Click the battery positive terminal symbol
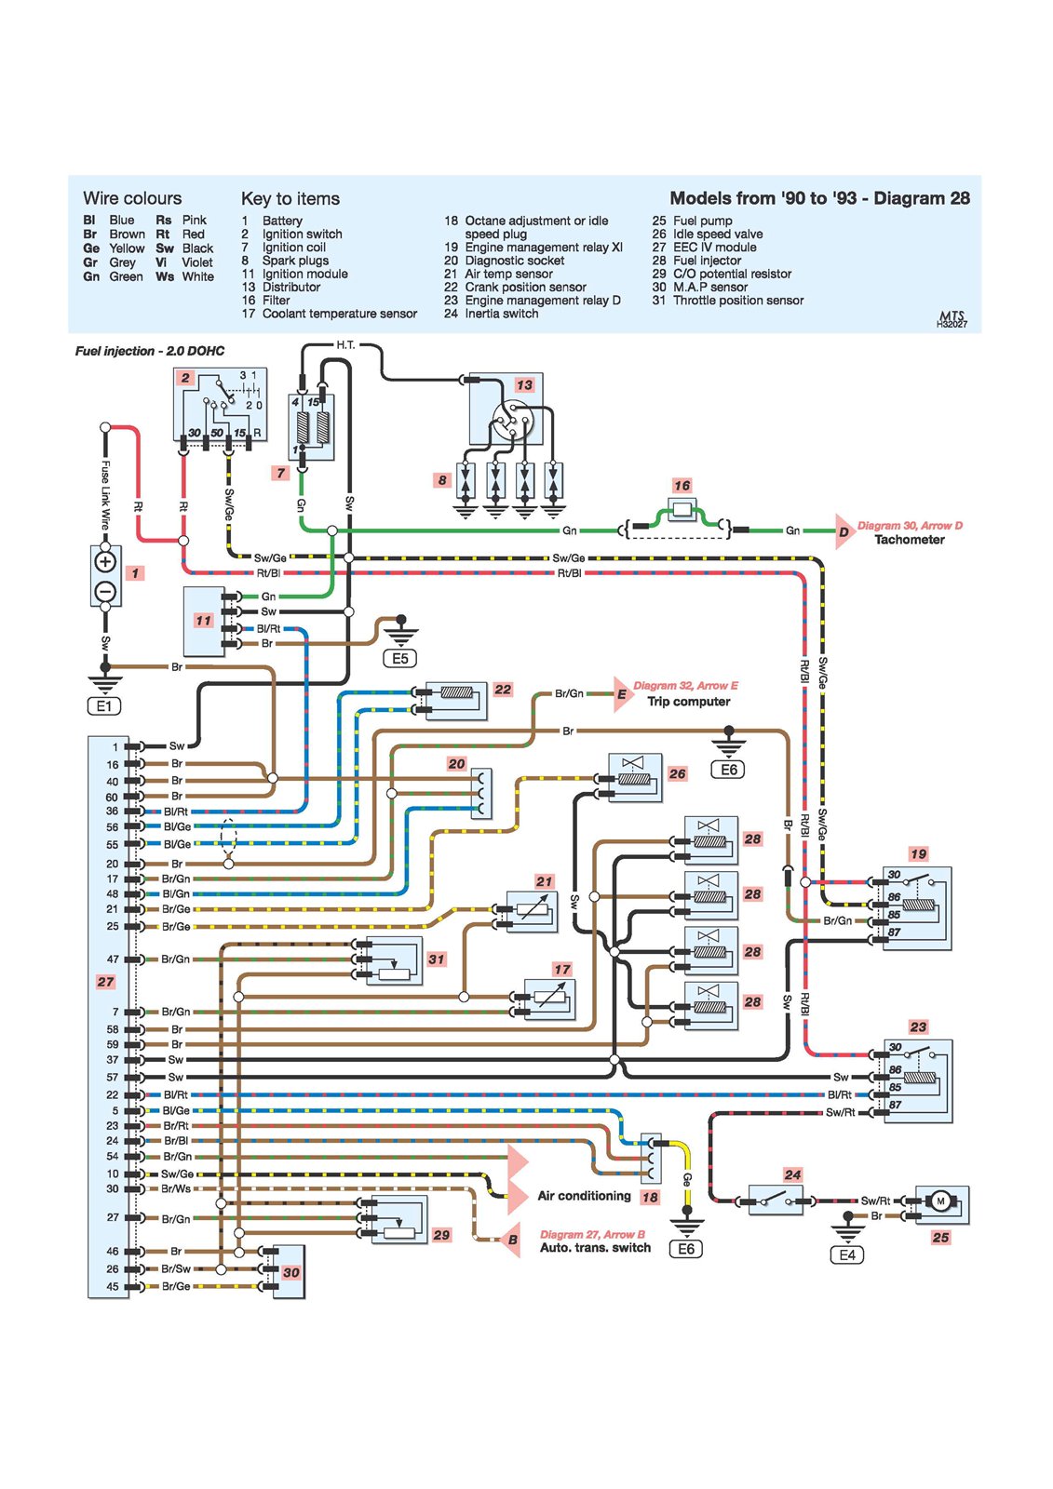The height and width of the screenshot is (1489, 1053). pos(105,561)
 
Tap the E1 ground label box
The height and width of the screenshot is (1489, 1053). pos(104,706)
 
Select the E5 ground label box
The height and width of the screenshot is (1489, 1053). pos(399,659)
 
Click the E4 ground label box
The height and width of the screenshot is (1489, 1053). pos(847,1254)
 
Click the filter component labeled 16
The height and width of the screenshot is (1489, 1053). pos(682,509)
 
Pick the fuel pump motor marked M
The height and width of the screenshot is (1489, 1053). pos(940,1201)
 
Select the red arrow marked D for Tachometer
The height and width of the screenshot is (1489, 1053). pos(844,531)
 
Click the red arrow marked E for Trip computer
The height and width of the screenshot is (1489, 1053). pos(622,694)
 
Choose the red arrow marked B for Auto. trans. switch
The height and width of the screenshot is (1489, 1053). pos(511,1240)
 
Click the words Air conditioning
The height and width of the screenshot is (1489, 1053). pos(584,1196)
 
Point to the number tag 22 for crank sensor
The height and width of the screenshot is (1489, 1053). pos(503,690)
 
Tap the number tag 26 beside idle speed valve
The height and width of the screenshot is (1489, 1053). pos(677,773)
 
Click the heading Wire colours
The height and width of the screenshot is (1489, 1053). pos(132,198)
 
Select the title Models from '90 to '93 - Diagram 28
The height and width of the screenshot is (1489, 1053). pos(819,198)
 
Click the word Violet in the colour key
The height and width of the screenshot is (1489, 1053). pos(197,262)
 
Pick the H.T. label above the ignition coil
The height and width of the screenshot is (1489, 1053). pos(345,345)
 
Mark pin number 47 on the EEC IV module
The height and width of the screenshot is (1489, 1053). pos(113,959)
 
